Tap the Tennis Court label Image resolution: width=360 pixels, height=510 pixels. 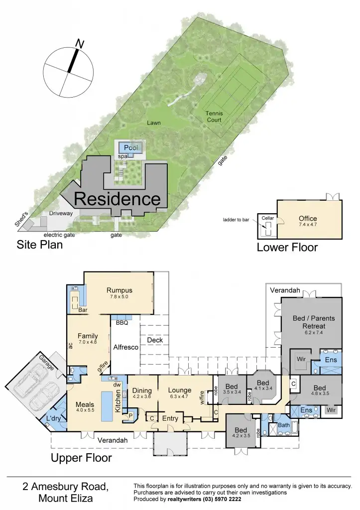click(x=215, y=117)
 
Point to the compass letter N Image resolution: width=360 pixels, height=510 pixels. click(x=78, y=44)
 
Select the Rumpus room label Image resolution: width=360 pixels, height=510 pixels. click(x=120, y=290)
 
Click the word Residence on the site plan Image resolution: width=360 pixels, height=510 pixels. click(x=118, y=199)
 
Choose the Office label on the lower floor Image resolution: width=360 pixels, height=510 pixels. click(x=308, y=219)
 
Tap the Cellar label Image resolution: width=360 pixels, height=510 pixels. click(x=267, y=218)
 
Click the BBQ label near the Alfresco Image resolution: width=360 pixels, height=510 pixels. click(x=122, y=323)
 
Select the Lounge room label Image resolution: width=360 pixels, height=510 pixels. click(x=180, y=390)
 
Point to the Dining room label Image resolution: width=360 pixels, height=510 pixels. click(x=141, y=390)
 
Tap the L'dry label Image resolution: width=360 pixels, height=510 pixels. click(x=54, y=418)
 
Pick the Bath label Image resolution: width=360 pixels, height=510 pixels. click(x=284, y=425)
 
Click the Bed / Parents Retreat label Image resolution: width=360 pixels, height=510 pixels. click(x=314, y=322)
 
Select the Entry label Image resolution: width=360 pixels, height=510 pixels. click(x=170, y=418)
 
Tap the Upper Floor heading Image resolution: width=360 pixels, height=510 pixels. click(x=82, y=458)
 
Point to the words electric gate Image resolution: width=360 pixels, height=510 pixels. click(x=59, y=235)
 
